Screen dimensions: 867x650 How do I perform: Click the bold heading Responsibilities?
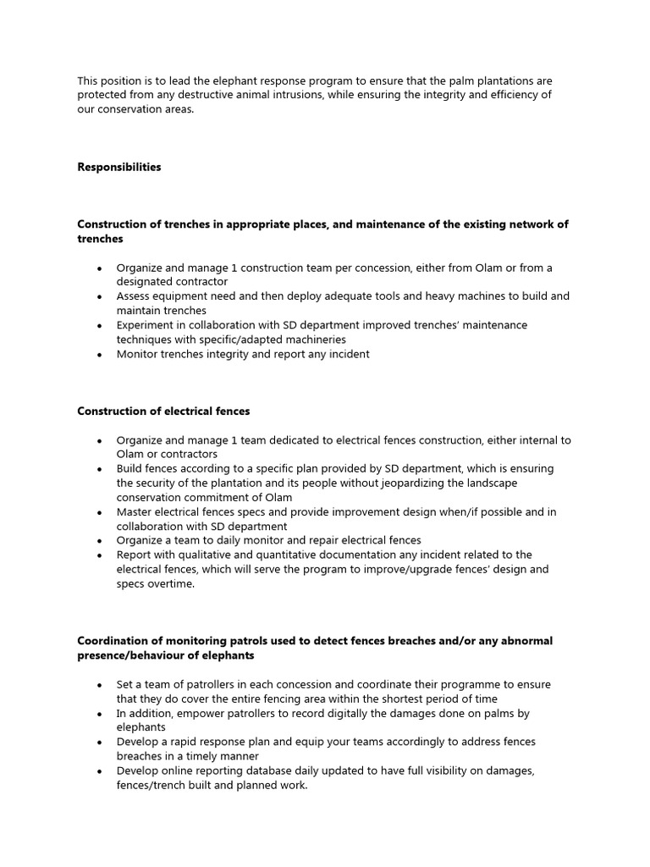118,167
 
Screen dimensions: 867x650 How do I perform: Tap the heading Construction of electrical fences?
163,411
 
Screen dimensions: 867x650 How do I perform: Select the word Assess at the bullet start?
134,296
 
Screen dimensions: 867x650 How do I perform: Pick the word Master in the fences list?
135,511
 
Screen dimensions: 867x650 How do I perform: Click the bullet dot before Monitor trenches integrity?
100,355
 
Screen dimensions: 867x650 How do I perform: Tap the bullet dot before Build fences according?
100,469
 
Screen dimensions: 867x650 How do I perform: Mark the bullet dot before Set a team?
100,685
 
